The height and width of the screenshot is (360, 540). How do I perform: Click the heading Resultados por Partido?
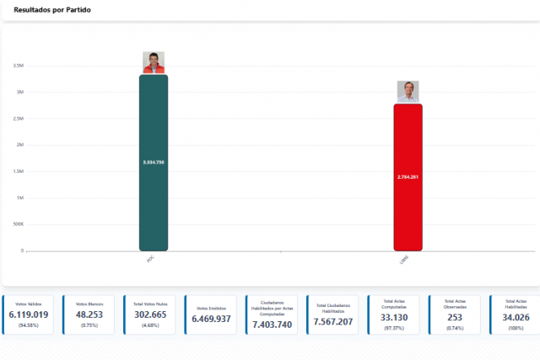[x=53, y=9]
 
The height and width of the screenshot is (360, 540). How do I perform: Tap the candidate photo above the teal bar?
[x=154, y=62]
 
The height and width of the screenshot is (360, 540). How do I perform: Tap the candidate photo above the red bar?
[x=408, y=91]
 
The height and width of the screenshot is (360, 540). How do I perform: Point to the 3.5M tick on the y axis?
[x=18, y=66]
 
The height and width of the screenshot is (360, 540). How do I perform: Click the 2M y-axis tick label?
[x=19, y=145]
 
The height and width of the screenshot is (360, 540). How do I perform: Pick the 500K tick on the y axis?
[x=18, y=224]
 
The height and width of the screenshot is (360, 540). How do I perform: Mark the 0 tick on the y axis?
[x=22, y=250]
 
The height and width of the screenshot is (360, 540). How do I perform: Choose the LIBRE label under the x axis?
[x=405, y=261]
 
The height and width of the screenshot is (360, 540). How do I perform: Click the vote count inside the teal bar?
[x=154, y=162]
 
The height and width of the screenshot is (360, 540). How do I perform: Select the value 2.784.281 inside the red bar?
[x=408, y=177]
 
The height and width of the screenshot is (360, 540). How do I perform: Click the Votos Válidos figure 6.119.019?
[x=29, y=314]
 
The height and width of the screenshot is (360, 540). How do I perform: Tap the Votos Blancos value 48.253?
[x=89, y=314]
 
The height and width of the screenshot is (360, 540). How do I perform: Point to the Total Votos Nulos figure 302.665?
[x=150, y=314]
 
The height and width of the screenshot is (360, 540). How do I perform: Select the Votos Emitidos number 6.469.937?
[x=211, y=319]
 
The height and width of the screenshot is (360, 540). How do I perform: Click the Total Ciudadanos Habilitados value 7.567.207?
[x=333, y=322]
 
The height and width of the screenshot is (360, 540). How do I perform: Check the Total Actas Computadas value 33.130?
[x=394, y=317]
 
